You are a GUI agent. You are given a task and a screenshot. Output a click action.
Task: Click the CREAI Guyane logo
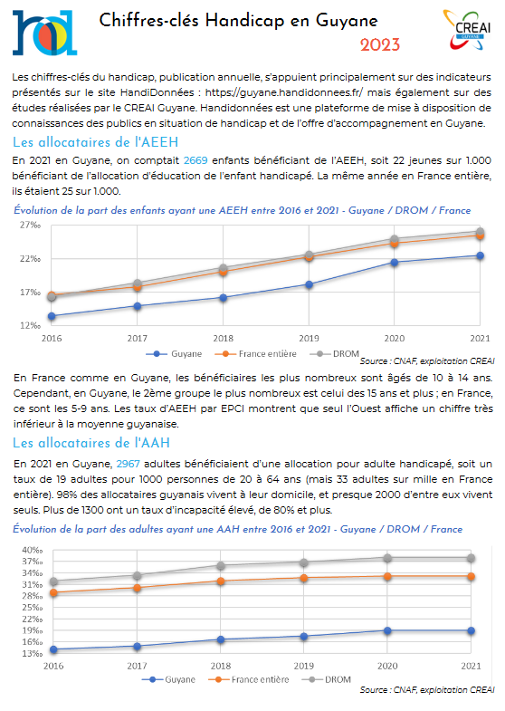pyautogui.click(x=467, y=30)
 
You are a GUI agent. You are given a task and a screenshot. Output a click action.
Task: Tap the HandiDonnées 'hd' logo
pyautogui.click(x=44, y=33)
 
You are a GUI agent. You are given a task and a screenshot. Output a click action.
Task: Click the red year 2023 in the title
pyautogui.click(x=380, y=45)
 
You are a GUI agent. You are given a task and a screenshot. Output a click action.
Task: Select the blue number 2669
pyautogui.click(x=195, y=160)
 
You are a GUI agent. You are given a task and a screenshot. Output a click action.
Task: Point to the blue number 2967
pyautogui.click(x=129, y=464)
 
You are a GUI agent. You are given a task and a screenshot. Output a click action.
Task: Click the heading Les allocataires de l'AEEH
pyautogui.click(x=96, y=142)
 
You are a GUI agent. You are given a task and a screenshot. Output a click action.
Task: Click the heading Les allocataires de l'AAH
pyautogui.click(x=91, y=443)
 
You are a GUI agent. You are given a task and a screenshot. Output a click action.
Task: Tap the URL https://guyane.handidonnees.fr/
pyautogui.click(x=283, y=92)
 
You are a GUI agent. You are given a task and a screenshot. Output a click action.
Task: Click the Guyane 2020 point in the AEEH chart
pyautogui.click(x=395, y=262)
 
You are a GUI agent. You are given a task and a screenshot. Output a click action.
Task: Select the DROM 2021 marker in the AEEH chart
pyautogui.click(x=480, y=232)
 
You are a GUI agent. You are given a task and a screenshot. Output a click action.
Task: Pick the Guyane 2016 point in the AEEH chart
pyautogui.click(x=52, y=316)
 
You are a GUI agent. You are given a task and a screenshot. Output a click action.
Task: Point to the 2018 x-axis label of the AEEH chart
pyautogui.click(x=224, y=338)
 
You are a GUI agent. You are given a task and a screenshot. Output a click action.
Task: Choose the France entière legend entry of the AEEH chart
pyautogui.click(x=256, y=353)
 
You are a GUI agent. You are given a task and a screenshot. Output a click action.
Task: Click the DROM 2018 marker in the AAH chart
pyautogui.click(x=221, y=566)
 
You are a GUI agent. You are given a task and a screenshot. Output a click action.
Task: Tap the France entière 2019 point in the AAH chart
pyautogui.click(x=304, y=578)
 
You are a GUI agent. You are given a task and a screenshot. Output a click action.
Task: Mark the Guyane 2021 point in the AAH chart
pyautogui.click(x=471, y=630)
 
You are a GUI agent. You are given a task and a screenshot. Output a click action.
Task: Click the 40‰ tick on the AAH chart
pyautogui.click(x=33, y=550)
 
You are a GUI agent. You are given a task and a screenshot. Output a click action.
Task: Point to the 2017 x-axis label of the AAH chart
pyautogui.click(x=137, y=666)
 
